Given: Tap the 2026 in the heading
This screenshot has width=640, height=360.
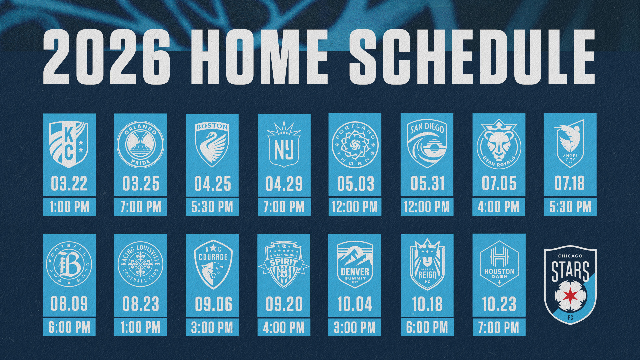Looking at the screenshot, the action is [x=107, y=56].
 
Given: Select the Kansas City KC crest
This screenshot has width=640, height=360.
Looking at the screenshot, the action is [x=69, y=144].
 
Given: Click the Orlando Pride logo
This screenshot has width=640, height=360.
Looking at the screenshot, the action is [x=141, y=144].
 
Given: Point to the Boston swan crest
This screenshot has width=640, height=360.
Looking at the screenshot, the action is [x=212, y=144].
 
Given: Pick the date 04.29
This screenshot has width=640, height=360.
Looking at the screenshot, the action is [x=284, y=184].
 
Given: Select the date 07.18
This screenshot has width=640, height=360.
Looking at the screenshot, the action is [x=570, y=183].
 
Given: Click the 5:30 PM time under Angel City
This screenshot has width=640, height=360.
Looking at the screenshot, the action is [x=570, y=207].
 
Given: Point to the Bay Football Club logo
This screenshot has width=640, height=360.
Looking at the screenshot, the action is [x=69, y=264].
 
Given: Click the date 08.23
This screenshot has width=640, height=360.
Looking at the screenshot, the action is [x=141, y=304].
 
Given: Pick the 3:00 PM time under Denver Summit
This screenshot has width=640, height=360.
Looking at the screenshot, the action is [x=355, y=327].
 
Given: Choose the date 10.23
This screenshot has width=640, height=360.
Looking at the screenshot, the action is [x=499, y=304].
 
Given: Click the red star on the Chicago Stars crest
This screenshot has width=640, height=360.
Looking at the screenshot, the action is [x=570, y=295].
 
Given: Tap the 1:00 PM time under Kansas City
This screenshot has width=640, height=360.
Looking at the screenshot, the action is [x=69, y=207].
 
